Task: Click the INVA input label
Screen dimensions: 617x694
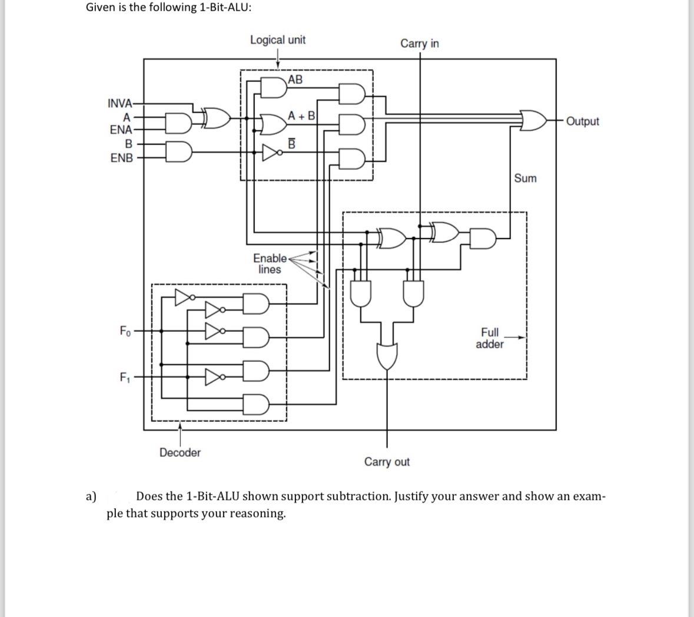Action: point(120,103)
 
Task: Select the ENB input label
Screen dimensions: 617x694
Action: point(121,158)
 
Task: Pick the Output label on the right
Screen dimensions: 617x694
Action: point(582,121)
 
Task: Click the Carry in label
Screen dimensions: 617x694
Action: point(419,44)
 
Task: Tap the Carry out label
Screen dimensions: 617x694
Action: point(387,462)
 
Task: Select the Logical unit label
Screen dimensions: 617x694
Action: point(278,40)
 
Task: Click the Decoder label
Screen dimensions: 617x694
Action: point(180,453)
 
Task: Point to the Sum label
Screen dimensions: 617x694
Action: point(525,178)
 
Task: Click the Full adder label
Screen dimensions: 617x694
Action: point(489,338)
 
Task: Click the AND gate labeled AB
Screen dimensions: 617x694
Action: point(274,87)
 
